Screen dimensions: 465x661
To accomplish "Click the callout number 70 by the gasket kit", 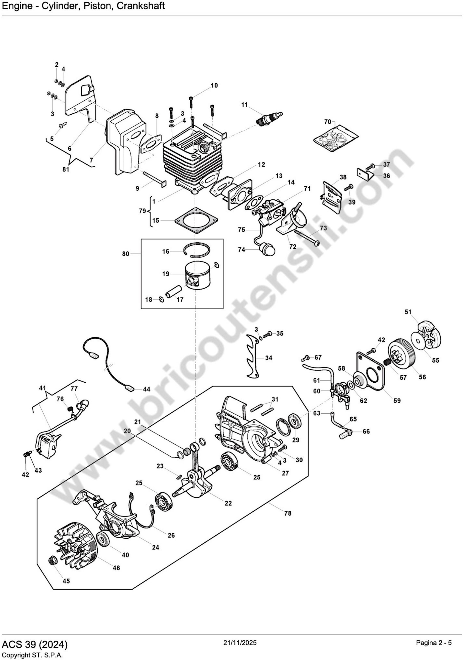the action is coord(328,122).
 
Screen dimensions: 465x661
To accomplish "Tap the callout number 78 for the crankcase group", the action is coord(288,513).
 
